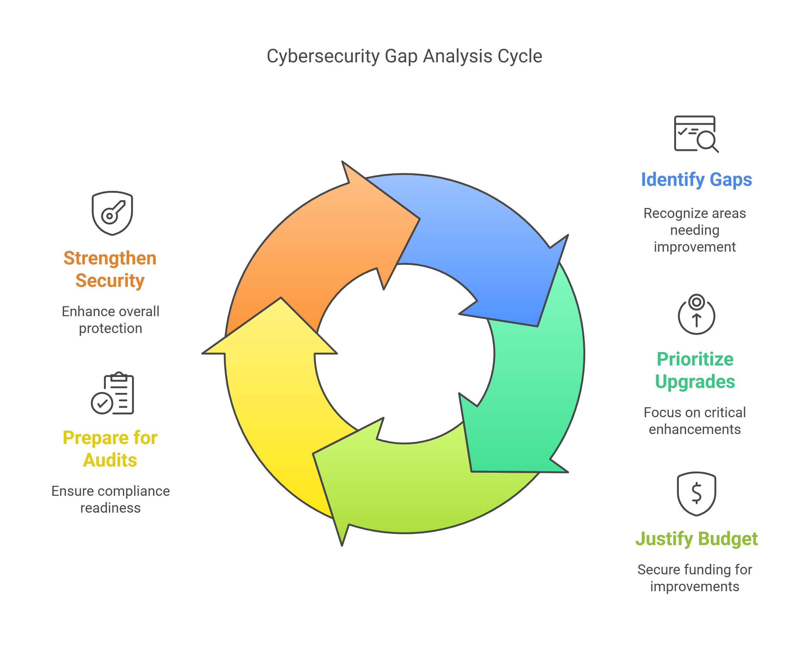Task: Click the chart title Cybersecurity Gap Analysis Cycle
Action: pos(404,56)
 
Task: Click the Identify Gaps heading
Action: pos(696,179)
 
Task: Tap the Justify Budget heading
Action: pos(696,539)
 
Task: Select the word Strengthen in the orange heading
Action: pos(110,258)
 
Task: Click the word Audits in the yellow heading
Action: pos(110,460)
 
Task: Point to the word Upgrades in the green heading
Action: pos(695,381)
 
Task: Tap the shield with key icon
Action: pos(112,213)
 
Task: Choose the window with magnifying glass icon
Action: pos(696,134)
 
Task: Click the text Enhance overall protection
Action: pos(110,320)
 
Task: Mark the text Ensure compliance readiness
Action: pos(110,499)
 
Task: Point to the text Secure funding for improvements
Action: pos(694,578)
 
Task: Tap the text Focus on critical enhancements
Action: pos(694,421)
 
